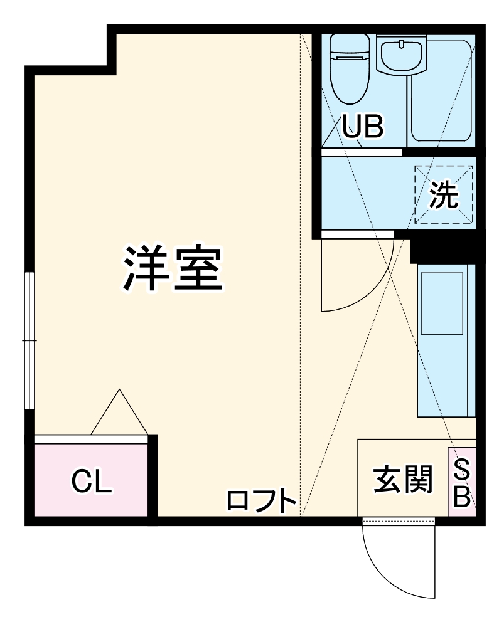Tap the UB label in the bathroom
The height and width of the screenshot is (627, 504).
(x=362, y=127)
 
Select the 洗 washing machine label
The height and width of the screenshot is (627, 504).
(x=444, y=197)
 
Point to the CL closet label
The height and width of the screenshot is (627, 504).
(x=92, y=482)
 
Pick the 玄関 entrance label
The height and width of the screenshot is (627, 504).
(x=403, y=480)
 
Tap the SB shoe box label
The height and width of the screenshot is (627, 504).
(x=462, y=483)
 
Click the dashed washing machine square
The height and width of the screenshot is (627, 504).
(x=444, y=194)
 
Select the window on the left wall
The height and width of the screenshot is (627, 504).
(x=29, y=340)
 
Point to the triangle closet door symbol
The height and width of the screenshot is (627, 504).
(x=119, y=414)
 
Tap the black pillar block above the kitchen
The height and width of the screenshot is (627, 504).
(x=442, y=249)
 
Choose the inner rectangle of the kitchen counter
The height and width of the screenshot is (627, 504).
(x=442, y=303)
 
